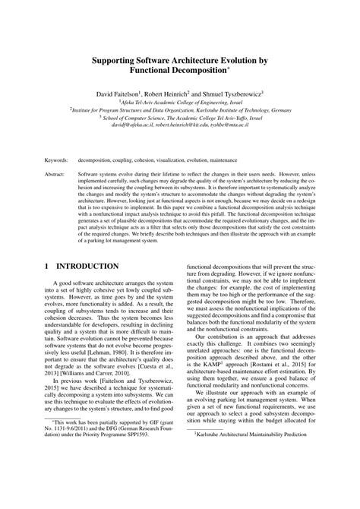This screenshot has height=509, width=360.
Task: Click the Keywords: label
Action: click(57, 161)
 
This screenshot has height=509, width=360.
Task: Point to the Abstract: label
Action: click(55, 174)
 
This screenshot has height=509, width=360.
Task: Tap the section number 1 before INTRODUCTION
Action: click(48, 267)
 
